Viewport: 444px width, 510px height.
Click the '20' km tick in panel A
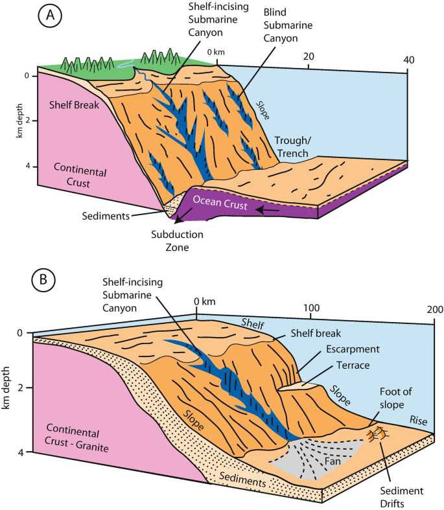coord(309,56)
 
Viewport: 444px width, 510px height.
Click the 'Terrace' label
coord(353,366)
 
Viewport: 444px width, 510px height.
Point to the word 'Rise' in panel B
coord(419,421)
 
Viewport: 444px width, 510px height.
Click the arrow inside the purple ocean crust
coord(272,210)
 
